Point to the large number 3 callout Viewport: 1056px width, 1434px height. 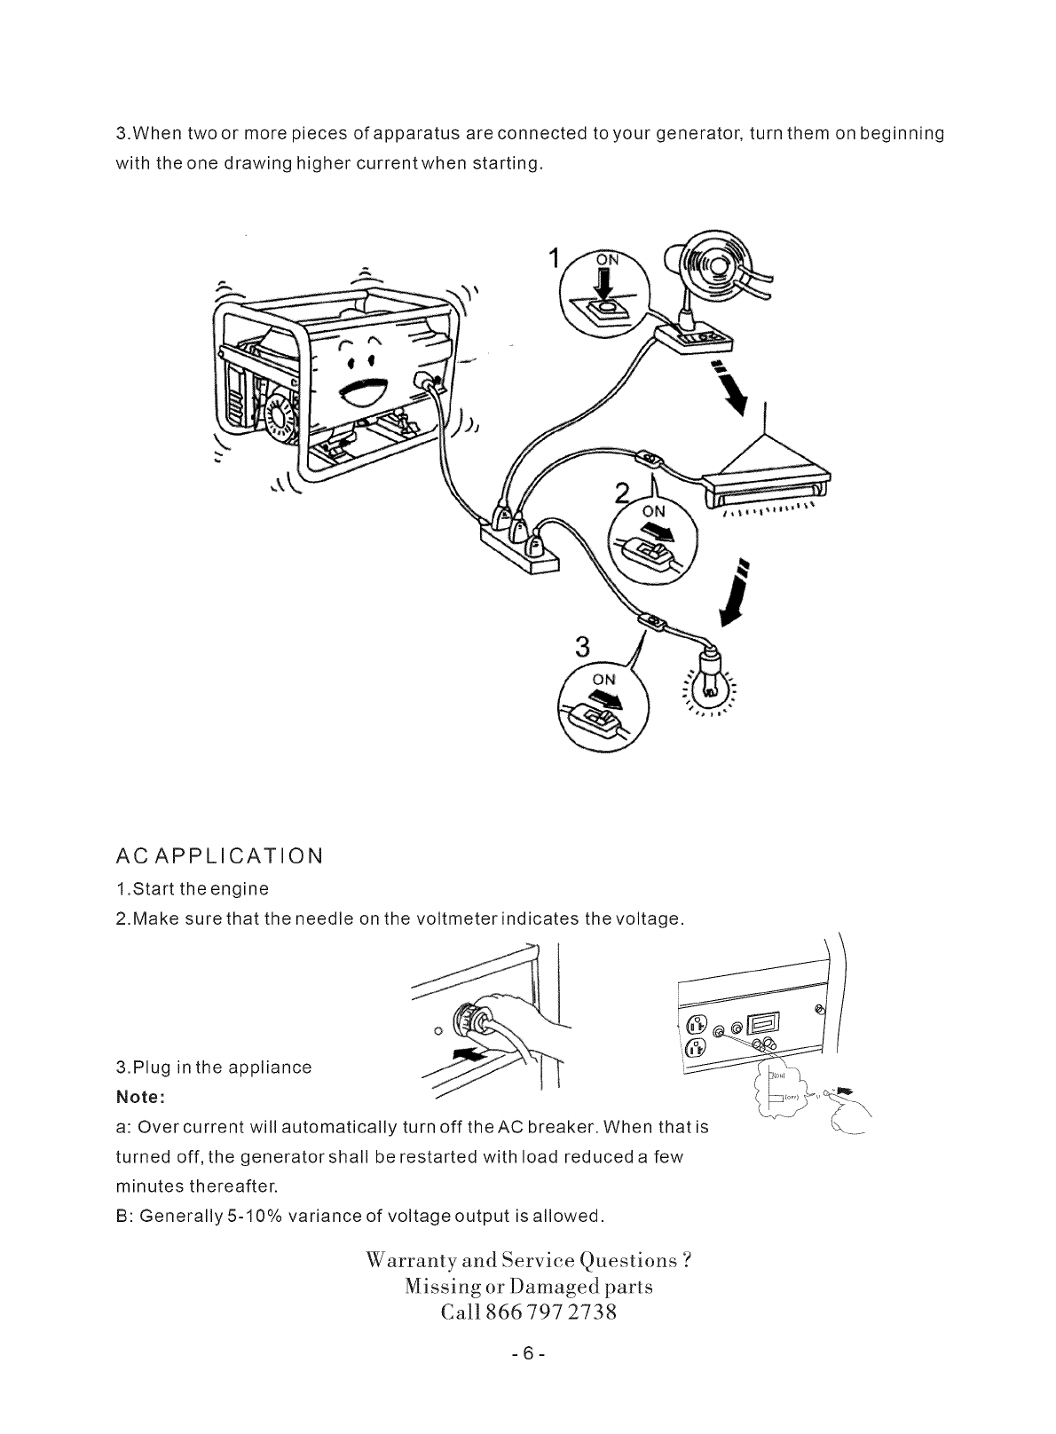[583, 648]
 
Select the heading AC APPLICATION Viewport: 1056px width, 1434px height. [219, 856]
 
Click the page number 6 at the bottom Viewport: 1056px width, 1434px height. [528, 1354]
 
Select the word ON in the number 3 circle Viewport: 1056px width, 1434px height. [603, 679]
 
